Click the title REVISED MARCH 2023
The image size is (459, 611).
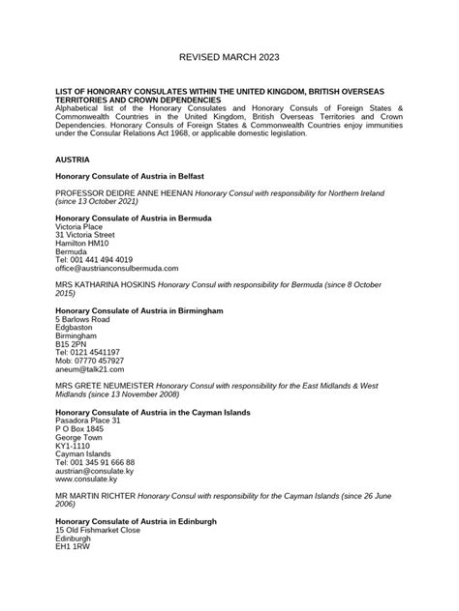(x=229, y=58)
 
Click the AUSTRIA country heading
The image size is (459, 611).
(x=74, y=157)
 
